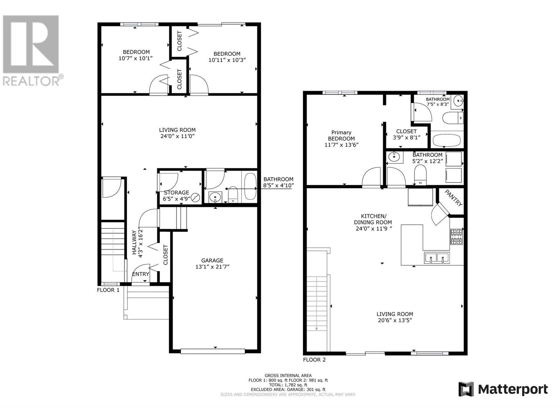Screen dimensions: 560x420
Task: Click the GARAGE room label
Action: pos(212,260)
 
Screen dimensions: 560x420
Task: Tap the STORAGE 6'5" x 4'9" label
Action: pos(176,196)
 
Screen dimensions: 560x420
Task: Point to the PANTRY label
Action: pos(453,198)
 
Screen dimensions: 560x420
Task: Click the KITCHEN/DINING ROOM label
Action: pos(373,219)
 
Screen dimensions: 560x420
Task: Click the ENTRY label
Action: pos(141,274)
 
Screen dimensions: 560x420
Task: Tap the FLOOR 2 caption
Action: pos(314,360)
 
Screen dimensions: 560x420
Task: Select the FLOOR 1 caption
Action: pos(108,290)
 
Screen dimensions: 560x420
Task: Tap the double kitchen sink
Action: pos(437,258)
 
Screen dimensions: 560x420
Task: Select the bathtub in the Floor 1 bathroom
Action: pos(251,187)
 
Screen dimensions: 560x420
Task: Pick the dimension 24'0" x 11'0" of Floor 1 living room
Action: pos(177,136)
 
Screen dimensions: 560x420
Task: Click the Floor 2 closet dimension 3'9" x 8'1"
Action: pos(406,138)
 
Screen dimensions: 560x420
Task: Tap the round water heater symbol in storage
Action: pos(196,197)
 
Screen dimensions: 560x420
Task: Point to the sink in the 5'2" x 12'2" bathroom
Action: pos(394,157)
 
